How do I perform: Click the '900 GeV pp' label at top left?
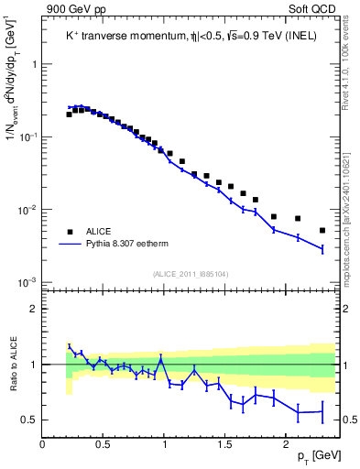tap(75, 9)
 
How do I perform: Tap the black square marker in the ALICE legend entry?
tap(70, 232)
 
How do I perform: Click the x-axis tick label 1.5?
tap(224, 444)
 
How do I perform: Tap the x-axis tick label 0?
tap(42, 444)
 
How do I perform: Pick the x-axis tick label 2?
tap(286, 444)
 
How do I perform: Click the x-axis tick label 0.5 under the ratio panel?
tap(103, 444)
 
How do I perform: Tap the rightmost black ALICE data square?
tap(322, 230)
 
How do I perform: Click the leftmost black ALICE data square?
tap(70, 115)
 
